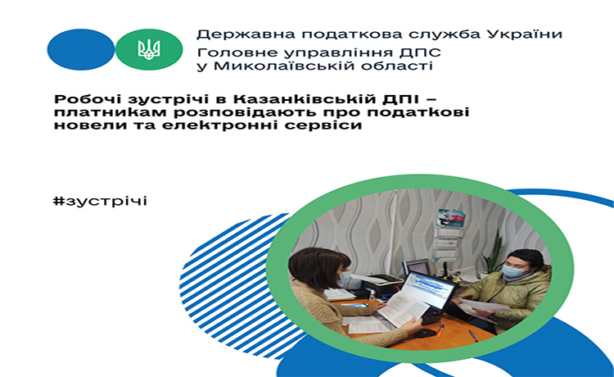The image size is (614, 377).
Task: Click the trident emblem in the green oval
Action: pyautogui.click(x=149, y=50)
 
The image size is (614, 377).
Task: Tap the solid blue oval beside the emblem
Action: pyautogui.click(x=81, y=50)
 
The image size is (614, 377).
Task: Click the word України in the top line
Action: pyautogui.click(x=524, y=34)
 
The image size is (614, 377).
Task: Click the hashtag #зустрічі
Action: pyautogui.click(x=100, y=201)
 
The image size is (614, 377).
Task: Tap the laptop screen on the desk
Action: pyautogui.click(x=427, y=289)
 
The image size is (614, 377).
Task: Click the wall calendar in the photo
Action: pyautogui.click(x=447, y=234)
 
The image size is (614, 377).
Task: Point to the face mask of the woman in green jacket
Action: pyautogui.click(x=512, y=270)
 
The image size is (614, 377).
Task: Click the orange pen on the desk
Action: pyautogui.click(x=440, y=331)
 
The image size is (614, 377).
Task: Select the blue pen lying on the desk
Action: pyautogui.click(x=473, y=335)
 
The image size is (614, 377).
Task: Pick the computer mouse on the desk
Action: pyautogui.click(x=425, y=333)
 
